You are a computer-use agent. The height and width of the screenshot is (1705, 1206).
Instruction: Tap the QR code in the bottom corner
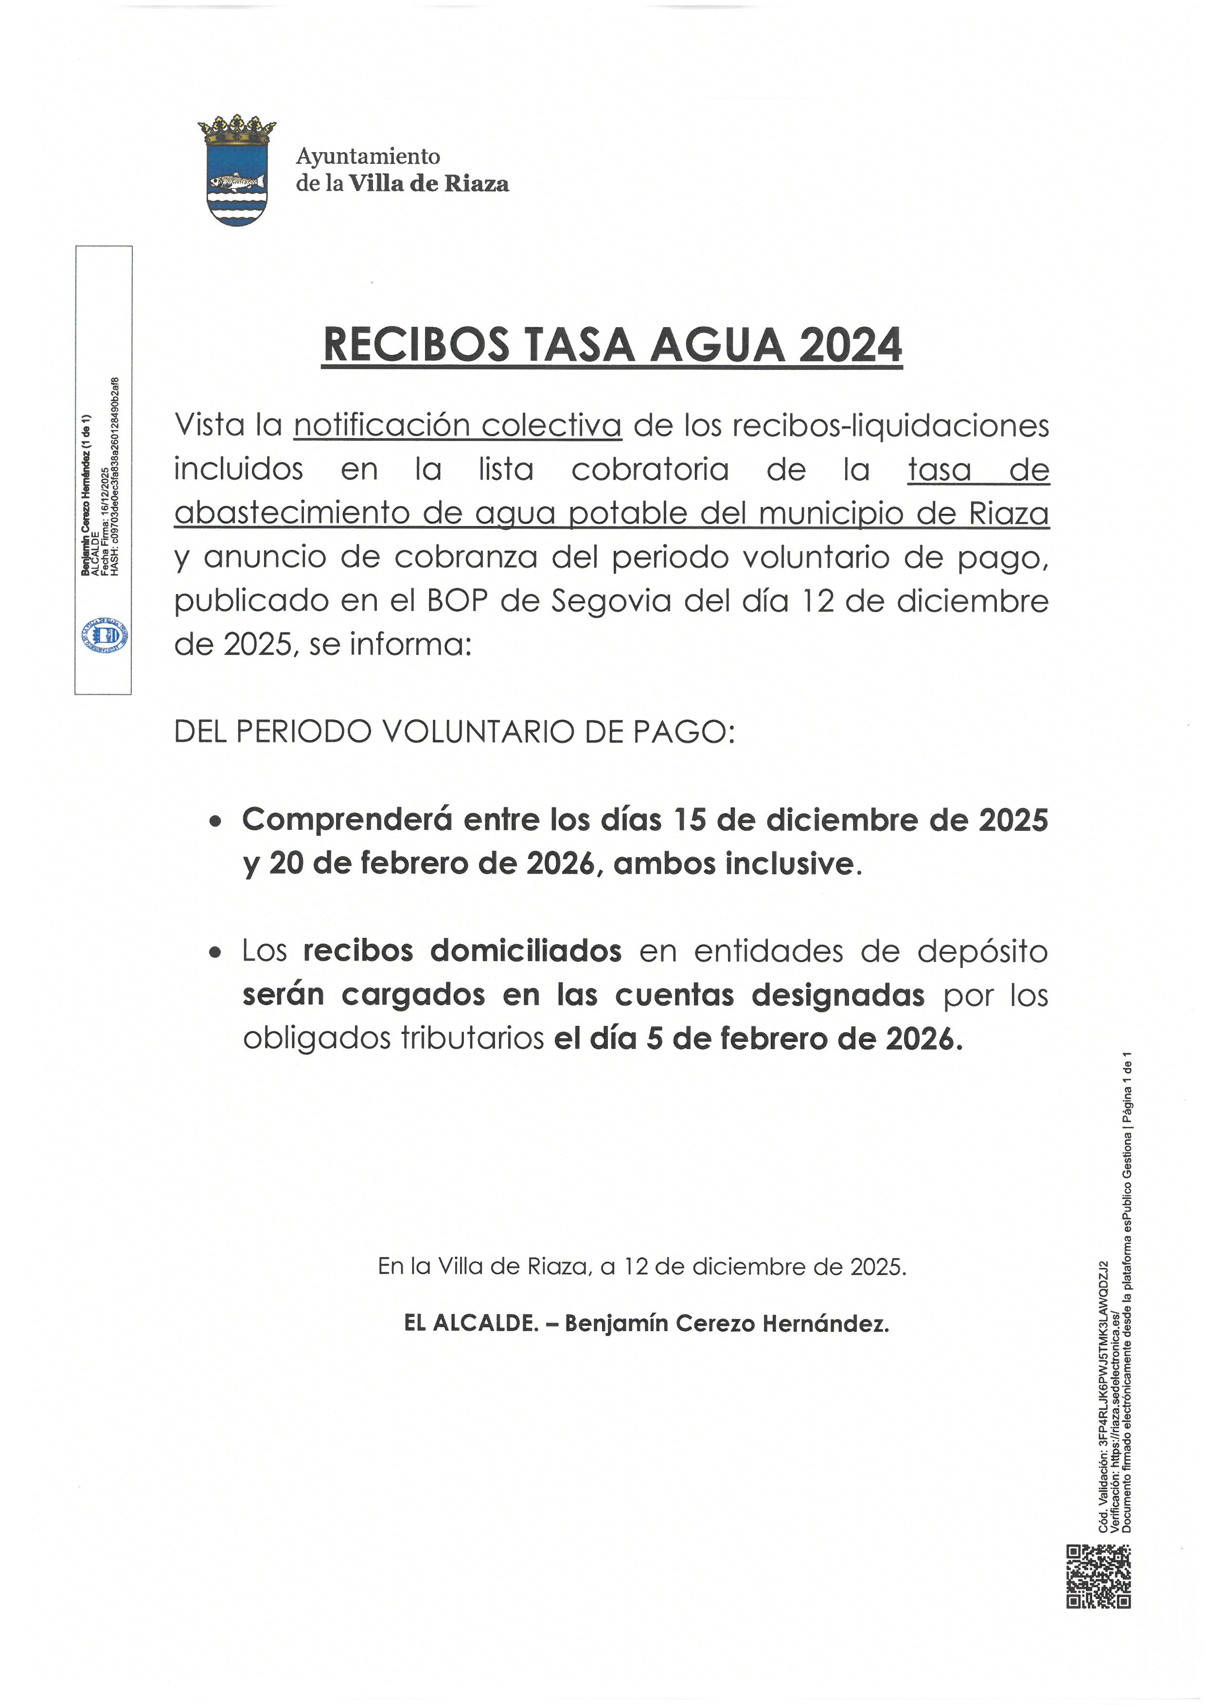(1099, 1576)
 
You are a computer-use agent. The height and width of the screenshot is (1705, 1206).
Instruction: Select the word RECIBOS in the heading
(417, 346)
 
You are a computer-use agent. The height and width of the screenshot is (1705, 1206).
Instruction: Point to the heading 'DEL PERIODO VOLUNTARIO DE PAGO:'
(455, 732)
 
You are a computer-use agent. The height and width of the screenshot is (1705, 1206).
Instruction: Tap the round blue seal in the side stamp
(105, 636)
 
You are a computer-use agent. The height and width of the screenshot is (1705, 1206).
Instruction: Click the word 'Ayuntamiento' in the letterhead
(368, 157)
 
